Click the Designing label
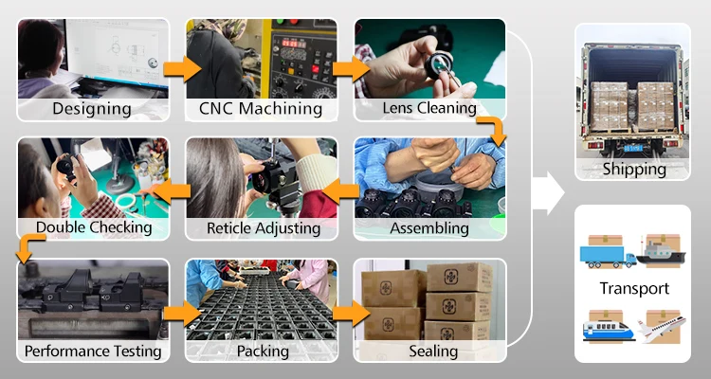pos(92,108)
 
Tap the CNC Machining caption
pos(260,108)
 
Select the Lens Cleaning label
pos(428,107)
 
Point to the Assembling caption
pos(428,228)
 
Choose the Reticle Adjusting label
pos(263,228)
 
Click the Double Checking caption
pos(93,227)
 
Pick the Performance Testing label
pos(93,352)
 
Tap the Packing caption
pos(262,352)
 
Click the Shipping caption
pos(633,170)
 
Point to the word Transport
pos(633,288)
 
